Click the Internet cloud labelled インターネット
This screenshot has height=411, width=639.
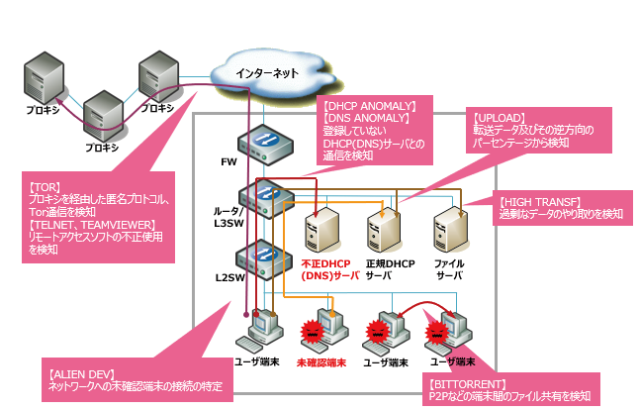pos(273,72)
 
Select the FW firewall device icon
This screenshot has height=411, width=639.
pos(265,144)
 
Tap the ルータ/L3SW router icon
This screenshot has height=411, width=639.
pos(265,198)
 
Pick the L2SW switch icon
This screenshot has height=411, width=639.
pos(265,256)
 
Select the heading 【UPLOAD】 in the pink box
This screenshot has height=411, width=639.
pos(500,117)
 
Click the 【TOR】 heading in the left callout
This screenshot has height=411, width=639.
pos(45,186)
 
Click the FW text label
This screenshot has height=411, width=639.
pos(227,157)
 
